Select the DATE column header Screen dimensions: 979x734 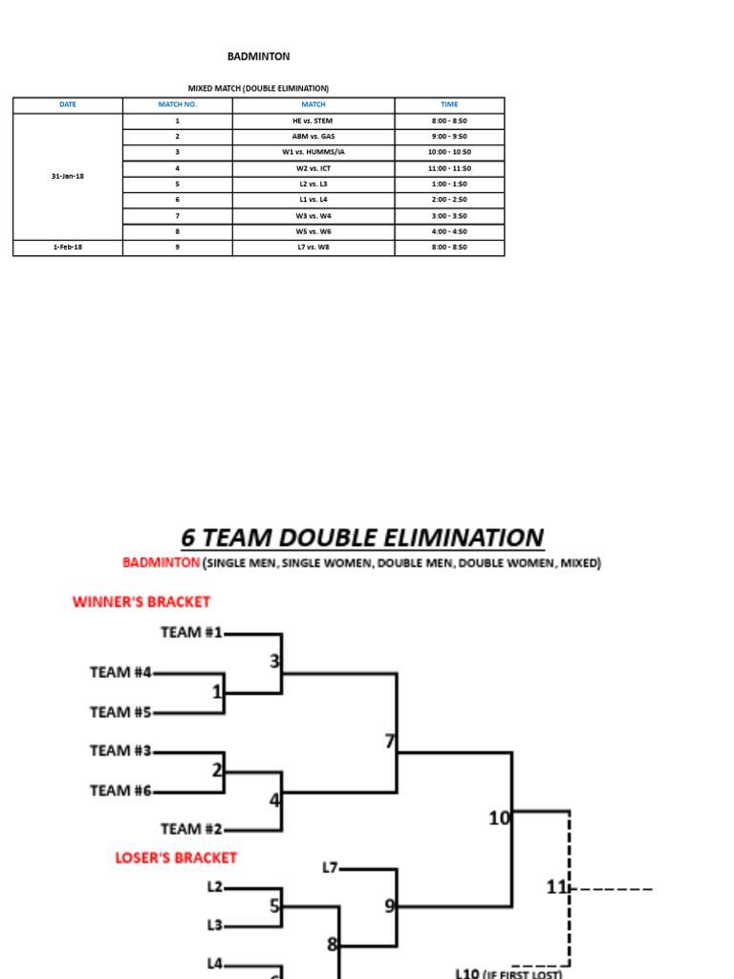68,104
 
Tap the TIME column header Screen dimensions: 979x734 449,104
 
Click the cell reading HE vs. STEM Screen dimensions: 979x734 313,121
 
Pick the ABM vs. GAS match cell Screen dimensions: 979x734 313,137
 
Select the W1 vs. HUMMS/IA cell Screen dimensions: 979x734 313,152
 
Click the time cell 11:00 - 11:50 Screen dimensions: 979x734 449,168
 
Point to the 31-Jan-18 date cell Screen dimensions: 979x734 68,176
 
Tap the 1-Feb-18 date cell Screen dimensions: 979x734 68,248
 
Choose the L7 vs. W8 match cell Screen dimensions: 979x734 313,248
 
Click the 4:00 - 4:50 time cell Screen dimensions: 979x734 449,231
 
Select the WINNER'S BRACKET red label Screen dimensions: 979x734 141,601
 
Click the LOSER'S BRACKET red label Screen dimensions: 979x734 176,858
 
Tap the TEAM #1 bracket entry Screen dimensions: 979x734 191,632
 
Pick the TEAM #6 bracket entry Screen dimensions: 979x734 120,790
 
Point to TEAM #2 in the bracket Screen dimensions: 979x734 191,829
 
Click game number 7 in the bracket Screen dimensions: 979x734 389,741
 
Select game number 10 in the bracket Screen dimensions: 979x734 499,817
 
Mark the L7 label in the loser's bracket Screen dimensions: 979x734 330,868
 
